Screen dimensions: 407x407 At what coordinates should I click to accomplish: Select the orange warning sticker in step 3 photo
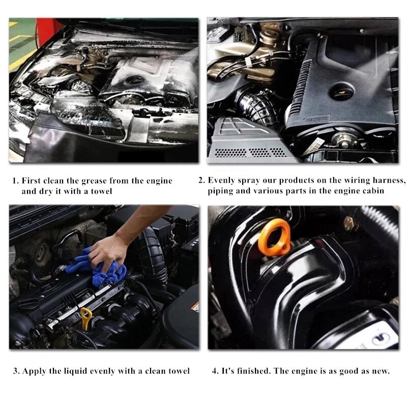coord(195,307)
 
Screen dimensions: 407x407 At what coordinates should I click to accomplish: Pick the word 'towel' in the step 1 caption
coord(102,191)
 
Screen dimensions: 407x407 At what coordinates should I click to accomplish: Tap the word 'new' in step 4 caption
coord(381,371)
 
